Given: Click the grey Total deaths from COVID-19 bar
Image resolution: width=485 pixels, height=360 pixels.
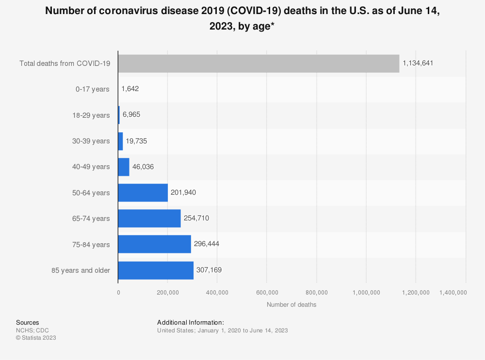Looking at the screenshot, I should click(x=259, y=63).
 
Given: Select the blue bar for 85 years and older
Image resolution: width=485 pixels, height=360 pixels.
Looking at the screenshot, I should click(x=156, y=270).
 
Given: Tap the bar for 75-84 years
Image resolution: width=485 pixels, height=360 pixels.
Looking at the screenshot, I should click(x=154, y=244).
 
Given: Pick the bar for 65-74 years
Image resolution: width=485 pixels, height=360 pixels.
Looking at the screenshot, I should click(x=149, y=219).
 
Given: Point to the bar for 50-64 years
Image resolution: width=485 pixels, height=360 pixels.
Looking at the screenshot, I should click(x=143, y=193).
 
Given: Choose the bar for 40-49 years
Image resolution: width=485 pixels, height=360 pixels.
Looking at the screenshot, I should click(x=124, y=167).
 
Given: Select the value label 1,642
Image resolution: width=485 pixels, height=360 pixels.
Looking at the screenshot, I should click(x=130, y=89).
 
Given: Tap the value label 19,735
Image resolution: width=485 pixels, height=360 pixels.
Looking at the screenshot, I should click(x=136, y=141).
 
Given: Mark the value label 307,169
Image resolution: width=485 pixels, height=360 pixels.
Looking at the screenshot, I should click(x=210, y=270).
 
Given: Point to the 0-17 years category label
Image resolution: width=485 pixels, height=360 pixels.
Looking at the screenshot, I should click(x=93, y=89).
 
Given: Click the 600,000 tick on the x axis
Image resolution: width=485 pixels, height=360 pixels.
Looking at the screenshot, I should click(x=267, y=292).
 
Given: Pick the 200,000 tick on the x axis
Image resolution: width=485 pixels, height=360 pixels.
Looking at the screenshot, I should click(x=168, y=292).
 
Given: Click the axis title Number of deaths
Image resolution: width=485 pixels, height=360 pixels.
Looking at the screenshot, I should click(x=291, y=305).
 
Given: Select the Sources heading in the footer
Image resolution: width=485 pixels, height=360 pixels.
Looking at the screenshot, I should click(x=28, y=323).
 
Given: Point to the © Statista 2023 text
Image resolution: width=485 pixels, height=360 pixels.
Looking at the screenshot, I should click(x=36, y=338).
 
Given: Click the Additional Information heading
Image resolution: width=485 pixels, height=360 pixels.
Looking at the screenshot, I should click(x=191, y=323).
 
